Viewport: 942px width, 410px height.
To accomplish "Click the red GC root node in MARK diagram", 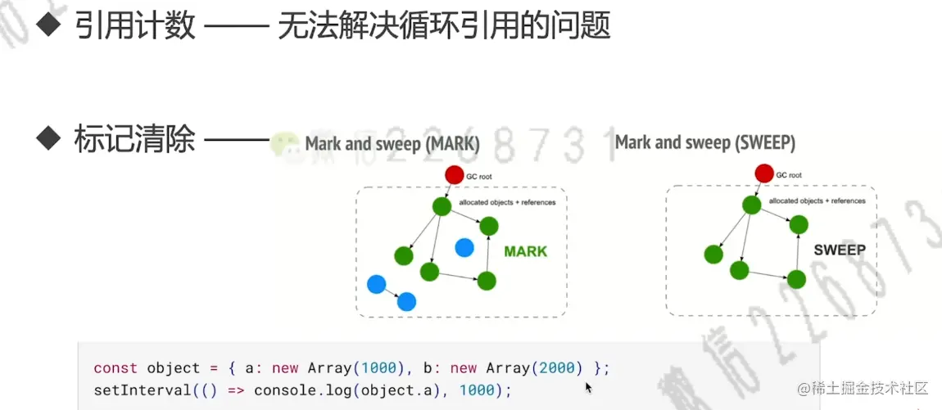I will point(455,174).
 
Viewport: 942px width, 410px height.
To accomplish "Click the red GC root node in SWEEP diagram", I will point(763,173).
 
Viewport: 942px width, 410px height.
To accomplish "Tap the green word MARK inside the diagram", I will point(525,251).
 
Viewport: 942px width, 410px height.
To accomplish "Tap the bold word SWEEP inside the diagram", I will point(840,250).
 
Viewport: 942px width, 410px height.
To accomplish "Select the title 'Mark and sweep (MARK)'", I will point(392,144).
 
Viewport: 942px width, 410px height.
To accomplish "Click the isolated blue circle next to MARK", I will point(464,247).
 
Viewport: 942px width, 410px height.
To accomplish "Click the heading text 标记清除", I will point(135,139).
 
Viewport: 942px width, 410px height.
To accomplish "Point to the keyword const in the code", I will point(115,368).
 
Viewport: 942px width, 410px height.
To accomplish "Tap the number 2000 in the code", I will point(556,368).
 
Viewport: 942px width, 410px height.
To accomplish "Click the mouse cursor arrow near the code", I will point(588,387).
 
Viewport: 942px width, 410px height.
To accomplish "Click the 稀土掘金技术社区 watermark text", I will point(866,388).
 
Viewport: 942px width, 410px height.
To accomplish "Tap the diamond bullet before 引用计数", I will point(51,25).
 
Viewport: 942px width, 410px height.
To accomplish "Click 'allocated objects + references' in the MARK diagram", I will point(507,202).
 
